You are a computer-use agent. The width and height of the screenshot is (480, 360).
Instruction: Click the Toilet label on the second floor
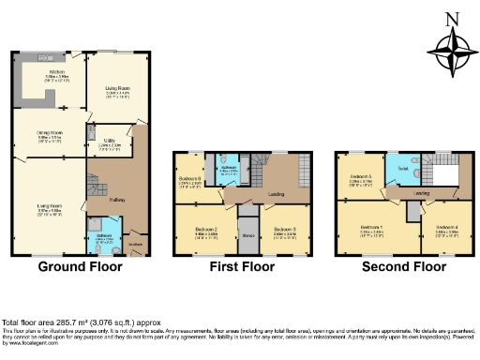pyautogui.click(x=401, y=170)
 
